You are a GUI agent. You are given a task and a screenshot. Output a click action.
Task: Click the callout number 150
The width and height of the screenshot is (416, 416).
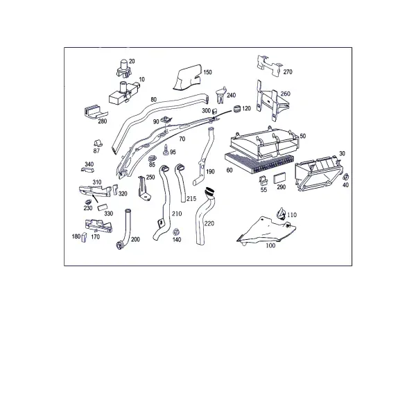(x=207, y=72)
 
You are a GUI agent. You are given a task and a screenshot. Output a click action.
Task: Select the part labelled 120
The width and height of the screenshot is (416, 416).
(x=237, y=109)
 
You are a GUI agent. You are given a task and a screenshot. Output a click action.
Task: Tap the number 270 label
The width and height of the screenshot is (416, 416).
(x=288, y=72)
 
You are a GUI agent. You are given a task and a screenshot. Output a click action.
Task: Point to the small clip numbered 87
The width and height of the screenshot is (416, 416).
(x=98, y=143)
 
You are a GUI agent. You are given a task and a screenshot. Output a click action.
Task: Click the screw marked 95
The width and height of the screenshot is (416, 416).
(x=166, y=150)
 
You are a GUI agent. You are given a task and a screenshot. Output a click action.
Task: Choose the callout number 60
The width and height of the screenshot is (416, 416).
(x=229, y=170)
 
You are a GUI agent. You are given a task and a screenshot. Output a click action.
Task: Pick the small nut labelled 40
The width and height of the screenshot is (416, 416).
(x=346, y=177)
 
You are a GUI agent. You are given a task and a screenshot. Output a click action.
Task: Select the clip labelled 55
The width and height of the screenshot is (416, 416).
(x=263, y=180)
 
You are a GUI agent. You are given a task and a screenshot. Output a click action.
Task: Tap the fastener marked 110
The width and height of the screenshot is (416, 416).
(x=281, y=214)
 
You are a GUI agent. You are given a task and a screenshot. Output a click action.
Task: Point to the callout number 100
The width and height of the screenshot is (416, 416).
(x=270, y=245)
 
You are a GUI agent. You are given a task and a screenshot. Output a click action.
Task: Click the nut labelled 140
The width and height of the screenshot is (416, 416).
(x=175, y=232)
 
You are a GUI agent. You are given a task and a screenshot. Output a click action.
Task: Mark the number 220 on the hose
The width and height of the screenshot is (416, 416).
(x=209, y=224)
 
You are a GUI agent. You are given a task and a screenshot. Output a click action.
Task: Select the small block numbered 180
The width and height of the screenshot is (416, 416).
(x=84, y=238)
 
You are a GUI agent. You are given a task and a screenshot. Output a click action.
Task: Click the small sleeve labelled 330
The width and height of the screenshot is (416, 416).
(x=102, y=207)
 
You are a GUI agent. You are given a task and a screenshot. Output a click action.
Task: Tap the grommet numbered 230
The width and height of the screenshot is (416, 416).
(x=88, y=202)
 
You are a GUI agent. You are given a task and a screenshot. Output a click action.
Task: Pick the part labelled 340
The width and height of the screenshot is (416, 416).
(x=87, y=170)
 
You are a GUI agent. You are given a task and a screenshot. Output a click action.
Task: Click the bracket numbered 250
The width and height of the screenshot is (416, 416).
(x=144, y=188)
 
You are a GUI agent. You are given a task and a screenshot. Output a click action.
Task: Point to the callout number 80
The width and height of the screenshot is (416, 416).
(x=154, y=100)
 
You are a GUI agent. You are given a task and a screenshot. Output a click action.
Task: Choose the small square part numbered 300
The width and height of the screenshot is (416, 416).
(x=214, y=111)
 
